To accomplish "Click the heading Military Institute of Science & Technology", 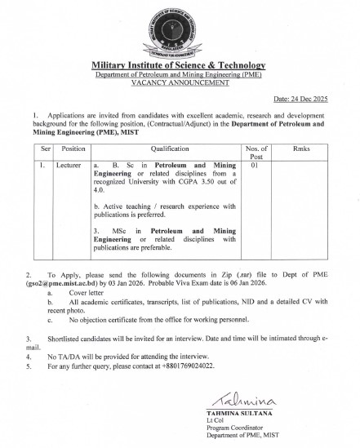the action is (x=180, y=64).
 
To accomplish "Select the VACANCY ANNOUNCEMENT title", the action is (x=180, y=83).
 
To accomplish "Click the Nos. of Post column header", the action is (x=256, y=154).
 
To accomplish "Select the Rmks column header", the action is (x=301, y=150).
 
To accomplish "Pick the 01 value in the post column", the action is (x=256, y=166).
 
